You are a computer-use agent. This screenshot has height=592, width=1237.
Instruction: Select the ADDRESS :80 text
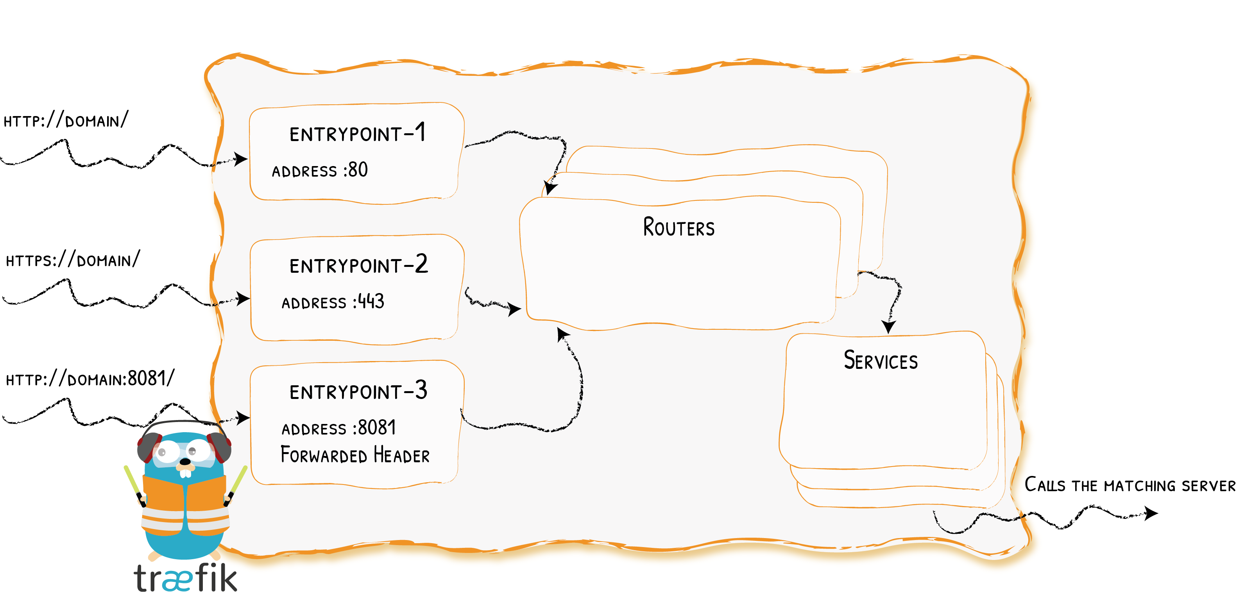(x=320, y=170)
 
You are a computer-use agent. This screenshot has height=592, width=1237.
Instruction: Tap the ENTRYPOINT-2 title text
(x=358, y=265)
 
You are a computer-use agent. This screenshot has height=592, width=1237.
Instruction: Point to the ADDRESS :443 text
(x=333, y=302)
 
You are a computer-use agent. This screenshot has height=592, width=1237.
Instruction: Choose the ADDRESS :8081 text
(x=338, y=428)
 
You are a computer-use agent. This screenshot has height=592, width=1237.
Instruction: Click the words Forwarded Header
(x=355, y=455)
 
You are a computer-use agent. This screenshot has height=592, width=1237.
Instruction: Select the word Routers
(x=678, y=227)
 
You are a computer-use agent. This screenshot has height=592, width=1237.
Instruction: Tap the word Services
(x=880, y=361)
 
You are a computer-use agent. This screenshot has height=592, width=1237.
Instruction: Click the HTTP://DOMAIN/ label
(x=66, y=120)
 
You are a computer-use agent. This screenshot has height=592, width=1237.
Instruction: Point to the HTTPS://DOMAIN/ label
(x=73, y=260)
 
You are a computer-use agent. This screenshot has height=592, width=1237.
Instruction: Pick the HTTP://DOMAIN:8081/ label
(x=90, y=379)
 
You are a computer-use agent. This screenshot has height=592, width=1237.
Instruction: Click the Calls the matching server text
(x=1130, y=485)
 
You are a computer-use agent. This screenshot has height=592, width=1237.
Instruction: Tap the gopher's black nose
(x=185, y=461)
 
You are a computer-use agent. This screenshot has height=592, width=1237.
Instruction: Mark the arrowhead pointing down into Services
(x=888, y=327)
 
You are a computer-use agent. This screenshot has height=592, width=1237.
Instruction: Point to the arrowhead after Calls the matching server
(x=1151, y=513)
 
